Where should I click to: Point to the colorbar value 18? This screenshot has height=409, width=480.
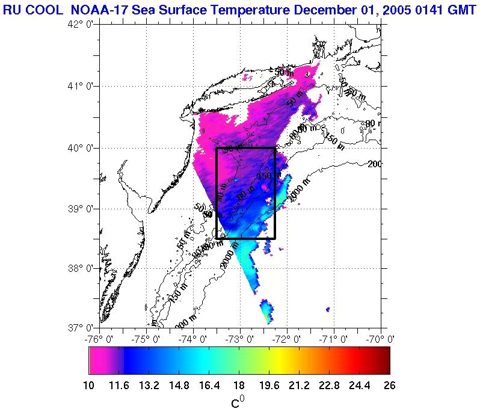[x=239, y=386]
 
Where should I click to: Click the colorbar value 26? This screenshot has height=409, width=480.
[x=389, y=386]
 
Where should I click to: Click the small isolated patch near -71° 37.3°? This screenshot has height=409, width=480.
[x=328, y=309]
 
